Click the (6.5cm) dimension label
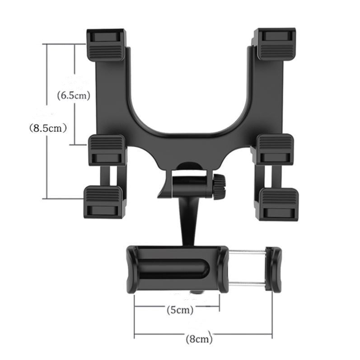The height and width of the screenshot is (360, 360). (x=74, y=95)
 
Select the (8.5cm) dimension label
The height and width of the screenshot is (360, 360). (x=48, y=128)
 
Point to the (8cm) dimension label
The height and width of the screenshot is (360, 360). (x=199, y=338)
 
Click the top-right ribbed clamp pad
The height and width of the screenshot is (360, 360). (x=275, y=44)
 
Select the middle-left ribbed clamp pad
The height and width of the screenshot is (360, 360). (x=107, y=150)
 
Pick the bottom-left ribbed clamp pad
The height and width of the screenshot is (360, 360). (x=103, y=202)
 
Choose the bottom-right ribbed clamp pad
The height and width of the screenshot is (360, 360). (x=279, y=203)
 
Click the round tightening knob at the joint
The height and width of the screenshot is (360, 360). (x=220, y=186)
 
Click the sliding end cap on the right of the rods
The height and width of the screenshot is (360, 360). (x=273, y=269)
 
